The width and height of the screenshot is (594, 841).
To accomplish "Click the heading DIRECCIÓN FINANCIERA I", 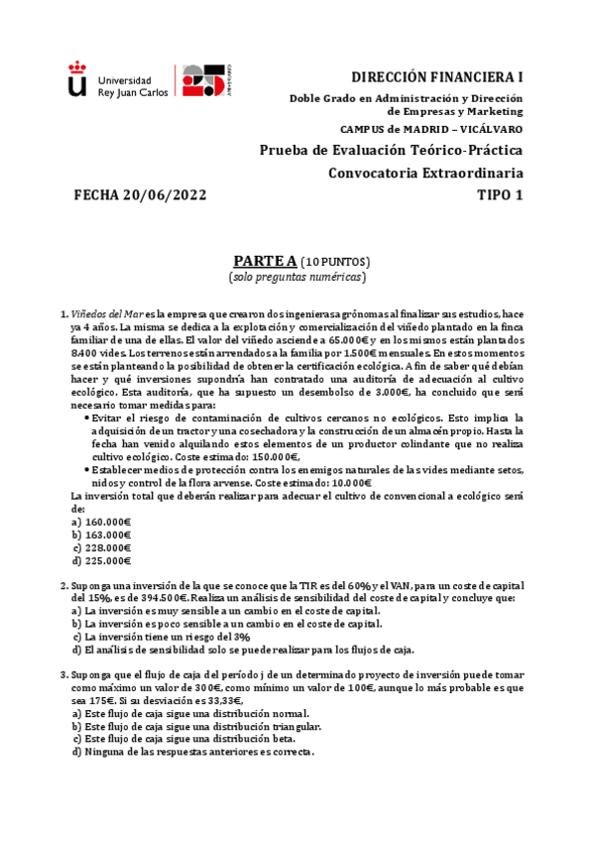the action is [x=438, y=76].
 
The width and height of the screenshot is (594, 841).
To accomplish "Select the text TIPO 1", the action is [x=500, y=194].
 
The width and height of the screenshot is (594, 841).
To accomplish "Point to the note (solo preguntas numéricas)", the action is [x=297, y=277].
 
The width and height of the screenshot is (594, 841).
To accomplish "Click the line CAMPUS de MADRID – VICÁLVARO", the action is [x=431, y=129].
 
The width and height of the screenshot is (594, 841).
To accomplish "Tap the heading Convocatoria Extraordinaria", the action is [x=426, y=173].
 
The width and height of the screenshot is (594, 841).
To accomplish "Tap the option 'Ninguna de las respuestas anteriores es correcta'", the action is [x=193, y=752].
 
